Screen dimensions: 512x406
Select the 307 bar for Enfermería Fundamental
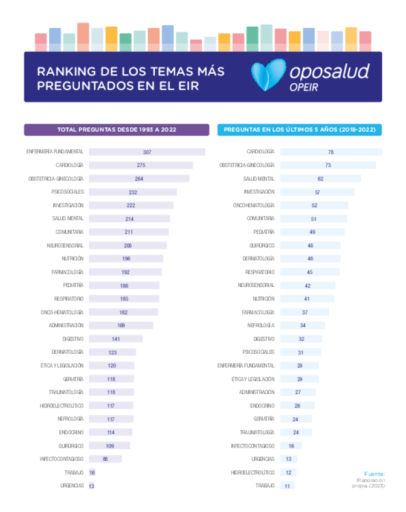[x=147, y=152]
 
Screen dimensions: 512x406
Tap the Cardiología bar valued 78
[x=330, y=152]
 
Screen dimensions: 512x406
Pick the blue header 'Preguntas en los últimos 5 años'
[x=299, y=130]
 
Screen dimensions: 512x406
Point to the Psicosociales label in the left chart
[x=68, y=192]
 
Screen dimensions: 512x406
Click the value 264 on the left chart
[x=138, y=179]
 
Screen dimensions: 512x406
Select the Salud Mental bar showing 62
[x=320, y=179]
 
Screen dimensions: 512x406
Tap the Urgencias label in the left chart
[x=72, y=485]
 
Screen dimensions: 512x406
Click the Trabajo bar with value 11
[x=287, y=485]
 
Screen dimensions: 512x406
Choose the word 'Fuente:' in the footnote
[x=375, y=473]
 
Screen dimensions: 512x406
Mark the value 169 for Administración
[x=121, y=325]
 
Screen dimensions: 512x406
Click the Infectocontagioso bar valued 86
[x=105, y=459]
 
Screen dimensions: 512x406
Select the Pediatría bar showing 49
[x=312, y=232]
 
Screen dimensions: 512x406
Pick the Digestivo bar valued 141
[x=115, y=339]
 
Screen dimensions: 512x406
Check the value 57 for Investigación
[x=317, y=192]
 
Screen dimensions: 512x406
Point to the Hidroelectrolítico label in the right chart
[x=253, y=472]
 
